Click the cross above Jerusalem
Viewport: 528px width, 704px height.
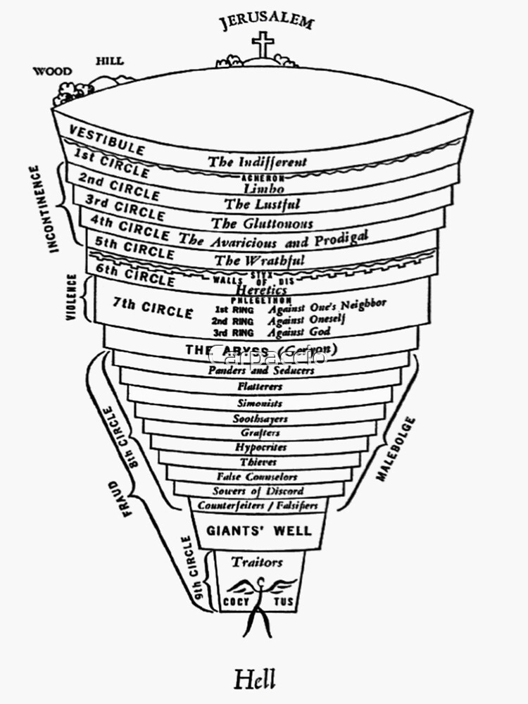pyautogui.click(x=263, y=44)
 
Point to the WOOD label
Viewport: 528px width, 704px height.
pyautogui.click(x=53, y=70)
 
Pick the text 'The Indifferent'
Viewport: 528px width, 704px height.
pyautogui.click(x=257, y=161)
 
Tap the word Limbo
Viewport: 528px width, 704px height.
pyautogui.click(x=263, y=188)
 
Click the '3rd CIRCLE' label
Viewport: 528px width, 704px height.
pyautogui.click(x=124, y=208)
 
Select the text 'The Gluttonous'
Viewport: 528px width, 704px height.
pyautogui.click(x=262, y=223)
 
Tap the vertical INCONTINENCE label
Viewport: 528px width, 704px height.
pyautogui.click(x=55, y=209)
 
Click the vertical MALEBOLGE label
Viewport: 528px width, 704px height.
pyautogui.click(x=396, y=448)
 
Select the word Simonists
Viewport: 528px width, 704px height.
pyautogui.click(x=260, y=403)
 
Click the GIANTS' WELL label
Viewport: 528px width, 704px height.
pyautogui.click(x=258, y=530)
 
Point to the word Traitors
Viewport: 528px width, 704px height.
pyautogui.click(x=257, y=562)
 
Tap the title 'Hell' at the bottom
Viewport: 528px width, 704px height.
pyautogui.click(x=255, y=679)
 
